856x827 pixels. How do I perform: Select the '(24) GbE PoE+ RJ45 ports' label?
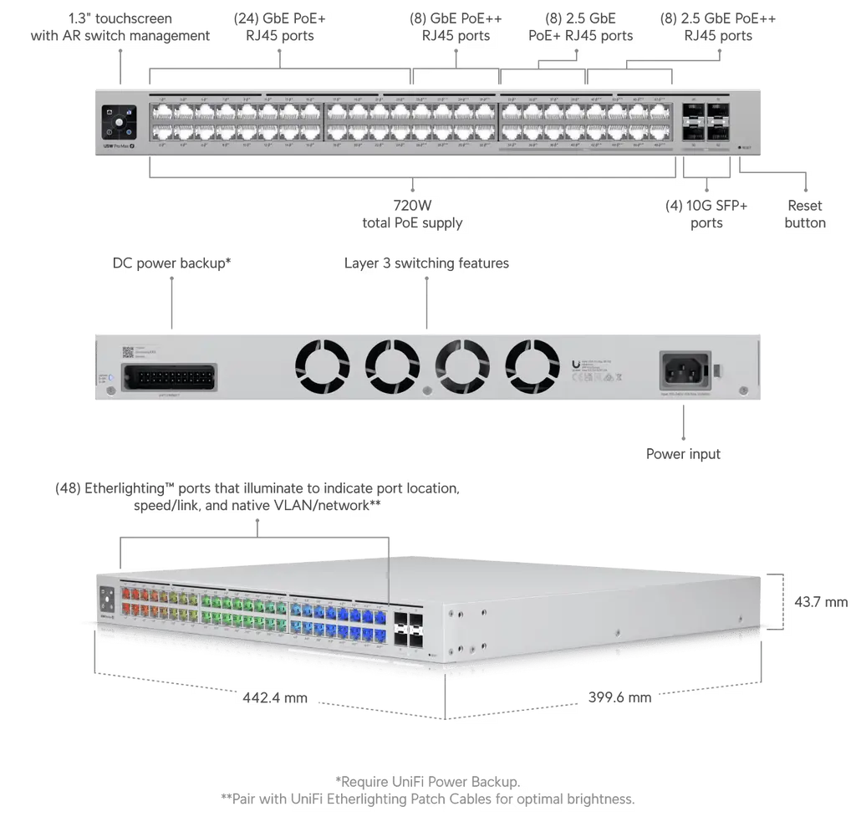[280, 27]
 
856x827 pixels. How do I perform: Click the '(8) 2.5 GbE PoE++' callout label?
[578, 27]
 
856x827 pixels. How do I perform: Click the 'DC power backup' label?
[174, 263]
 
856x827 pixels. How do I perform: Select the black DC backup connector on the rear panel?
[170, 375]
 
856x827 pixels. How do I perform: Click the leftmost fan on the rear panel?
[323, 366]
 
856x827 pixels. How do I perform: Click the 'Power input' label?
[685, 453]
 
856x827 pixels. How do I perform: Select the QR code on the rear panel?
[129, 351]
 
